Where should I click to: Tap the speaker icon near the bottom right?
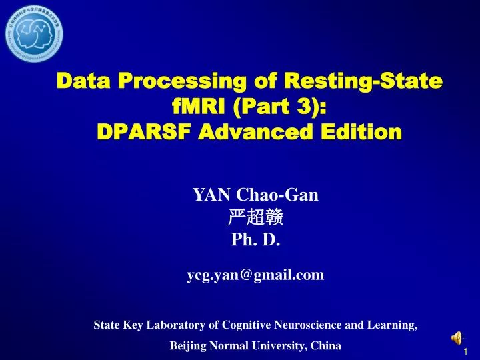[457, 337]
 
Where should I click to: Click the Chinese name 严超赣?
[256, 217]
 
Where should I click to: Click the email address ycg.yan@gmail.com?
[255, 275]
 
